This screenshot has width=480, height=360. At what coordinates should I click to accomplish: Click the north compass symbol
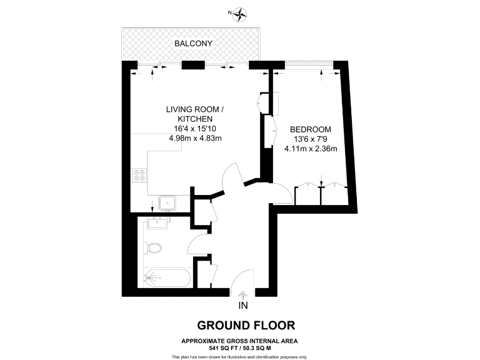click(x=240, y=13)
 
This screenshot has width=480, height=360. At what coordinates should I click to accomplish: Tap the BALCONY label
click(x=193, y=44)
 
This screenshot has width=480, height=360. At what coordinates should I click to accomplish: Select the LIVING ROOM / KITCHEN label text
click(x=194, y=114)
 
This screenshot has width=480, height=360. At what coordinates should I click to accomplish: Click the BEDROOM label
click(x=311, y=129)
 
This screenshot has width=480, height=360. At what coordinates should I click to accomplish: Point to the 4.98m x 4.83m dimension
click(x=195, y=138)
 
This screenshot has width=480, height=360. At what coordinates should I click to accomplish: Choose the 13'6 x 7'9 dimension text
click(x=311, y=139)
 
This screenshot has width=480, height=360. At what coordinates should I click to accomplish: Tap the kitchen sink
click(x=167, y=203)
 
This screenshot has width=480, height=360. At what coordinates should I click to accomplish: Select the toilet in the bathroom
click(x=153, y=247)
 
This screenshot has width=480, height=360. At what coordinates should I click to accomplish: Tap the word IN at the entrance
click(x=243, y=306)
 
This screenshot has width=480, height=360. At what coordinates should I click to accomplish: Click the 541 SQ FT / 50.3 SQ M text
click(x=239, y=347)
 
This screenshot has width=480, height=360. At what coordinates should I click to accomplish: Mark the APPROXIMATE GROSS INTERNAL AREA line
click(x=239, y=341)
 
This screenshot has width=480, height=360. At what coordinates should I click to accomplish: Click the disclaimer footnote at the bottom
click(x=239, y=356)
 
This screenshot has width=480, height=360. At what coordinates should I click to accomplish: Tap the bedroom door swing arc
click(x=281, y=194)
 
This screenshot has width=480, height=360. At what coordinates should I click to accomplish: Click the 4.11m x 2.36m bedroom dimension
click(x=311, y=149)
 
